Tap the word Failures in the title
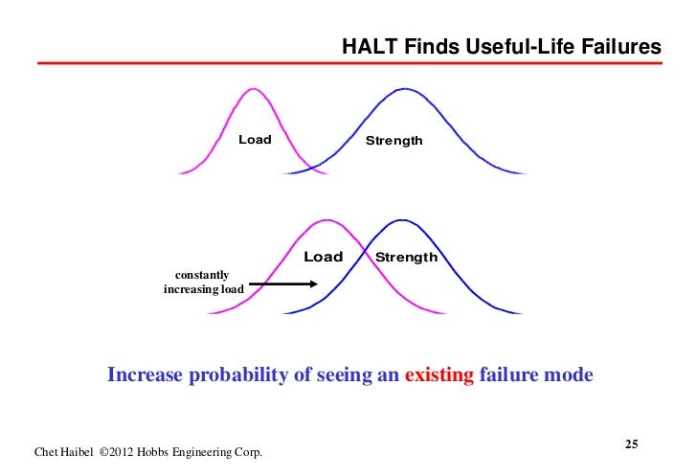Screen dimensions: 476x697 click(x=618, y=47)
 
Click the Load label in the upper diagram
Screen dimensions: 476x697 click(x=255, y=140)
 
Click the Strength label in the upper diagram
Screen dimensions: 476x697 click(x=393, y=141)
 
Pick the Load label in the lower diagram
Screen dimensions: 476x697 click(x=323, y=257)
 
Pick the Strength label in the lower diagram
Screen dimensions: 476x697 click(x=406, y=257)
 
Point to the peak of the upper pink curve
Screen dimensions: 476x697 click(x=253, y=89)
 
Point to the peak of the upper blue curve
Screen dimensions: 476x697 click(x=405, y=89)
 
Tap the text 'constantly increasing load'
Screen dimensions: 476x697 click(x=204, y=283)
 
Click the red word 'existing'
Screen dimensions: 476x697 click(x=439, y=374)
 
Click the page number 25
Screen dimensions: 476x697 click(x=631, y=443)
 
